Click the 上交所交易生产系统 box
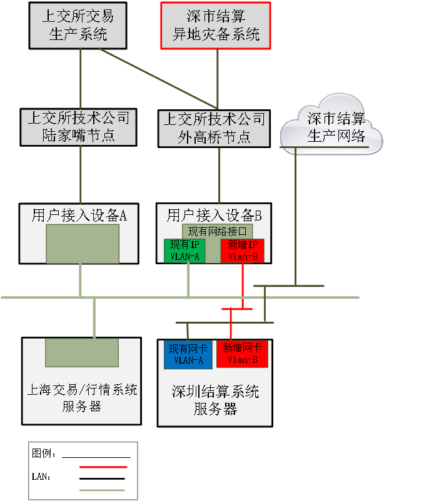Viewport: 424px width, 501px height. (x=78, y=25)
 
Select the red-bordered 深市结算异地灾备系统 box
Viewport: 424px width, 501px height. (x=216, y=25)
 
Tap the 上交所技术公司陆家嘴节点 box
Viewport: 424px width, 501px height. (x=78, y=127)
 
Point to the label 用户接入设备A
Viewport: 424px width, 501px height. (x=79, y=216)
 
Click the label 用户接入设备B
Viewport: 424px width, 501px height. (x=214, y=216)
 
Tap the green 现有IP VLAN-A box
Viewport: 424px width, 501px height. (x=184, y=250)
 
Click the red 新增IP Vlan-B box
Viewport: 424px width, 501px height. (x=243, y=250)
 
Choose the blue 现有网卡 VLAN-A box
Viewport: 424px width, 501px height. (x=188, y=354)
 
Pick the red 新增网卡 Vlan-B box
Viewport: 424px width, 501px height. (x=242, y=354)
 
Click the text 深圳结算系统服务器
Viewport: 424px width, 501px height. (x=215, y=400)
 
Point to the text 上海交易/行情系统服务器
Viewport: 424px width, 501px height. (x=82, y=399)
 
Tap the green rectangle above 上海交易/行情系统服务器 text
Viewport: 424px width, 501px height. (x=81, y=352)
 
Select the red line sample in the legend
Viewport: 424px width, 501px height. (x=103, y=467)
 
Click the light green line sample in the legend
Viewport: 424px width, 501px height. (x=103, y=490)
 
